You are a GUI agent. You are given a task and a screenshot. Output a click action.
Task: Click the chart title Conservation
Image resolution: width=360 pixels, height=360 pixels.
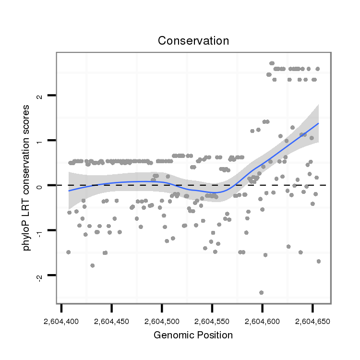click(193, 41)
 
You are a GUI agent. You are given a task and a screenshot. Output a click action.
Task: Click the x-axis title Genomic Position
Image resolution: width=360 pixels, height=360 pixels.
click(193, 335)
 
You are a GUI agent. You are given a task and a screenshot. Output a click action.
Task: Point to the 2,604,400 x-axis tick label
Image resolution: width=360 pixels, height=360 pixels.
click(61, 320)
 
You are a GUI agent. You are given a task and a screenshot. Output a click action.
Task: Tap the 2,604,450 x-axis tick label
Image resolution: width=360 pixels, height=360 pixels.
click(112, 320)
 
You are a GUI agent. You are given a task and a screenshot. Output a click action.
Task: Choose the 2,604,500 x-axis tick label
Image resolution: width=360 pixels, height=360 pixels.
click(162, 320)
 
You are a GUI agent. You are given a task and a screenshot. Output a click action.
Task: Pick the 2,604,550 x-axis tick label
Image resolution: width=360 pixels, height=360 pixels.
click(212, 320)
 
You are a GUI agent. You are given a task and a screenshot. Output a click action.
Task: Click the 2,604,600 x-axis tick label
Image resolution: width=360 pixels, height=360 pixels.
click(262, 320)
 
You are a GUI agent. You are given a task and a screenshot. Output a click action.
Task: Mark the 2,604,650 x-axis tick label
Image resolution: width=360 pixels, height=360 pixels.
click(312, 320)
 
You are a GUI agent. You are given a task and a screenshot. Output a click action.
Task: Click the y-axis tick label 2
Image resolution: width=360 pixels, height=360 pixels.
click(40, 96)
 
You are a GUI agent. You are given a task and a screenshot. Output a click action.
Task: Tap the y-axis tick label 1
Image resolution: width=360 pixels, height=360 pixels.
click(40, 141)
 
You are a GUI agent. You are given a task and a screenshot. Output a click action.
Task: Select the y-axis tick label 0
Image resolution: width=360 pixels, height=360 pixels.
click(40, 185)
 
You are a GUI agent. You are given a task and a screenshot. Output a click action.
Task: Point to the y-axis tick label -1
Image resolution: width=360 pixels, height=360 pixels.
click(40, 230)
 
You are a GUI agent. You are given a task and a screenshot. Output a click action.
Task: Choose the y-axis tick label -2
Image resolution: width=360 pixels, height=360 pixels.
click(40, 276)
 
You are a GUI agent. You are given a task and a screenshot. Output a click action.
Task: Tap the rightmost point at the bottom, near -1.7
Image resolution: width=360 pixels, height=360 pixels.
click(318, 261)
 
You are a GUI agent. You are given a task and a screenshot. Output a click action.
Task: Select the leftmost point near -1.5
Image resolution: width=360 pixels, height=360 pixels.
click(68, 252)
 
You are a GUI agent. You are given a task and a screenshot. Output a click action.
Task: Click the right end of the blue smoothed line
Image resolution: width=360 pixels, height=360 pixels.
click(318, 123)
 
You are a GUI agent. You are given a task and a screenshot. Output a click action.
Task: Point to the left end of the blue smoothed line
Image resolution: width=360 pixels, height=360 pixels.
click(69, 191)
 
